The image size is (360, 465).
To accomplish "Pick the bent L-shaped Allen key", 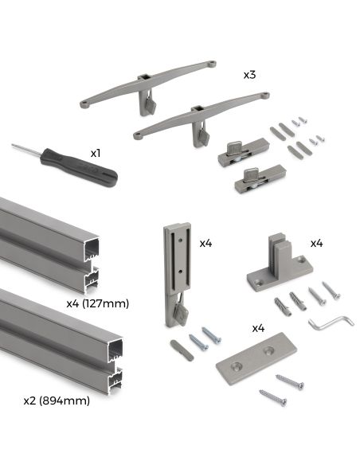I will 324,322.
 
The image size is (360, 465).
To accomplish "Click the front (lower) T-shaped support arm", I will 199,115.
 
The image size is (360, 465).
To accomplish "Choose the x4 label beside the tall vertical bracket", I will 206,242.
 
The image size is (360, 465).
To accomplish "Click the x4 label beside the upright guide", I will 316,242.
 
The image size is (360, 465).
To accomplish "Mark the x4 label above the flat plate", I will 258,327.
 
